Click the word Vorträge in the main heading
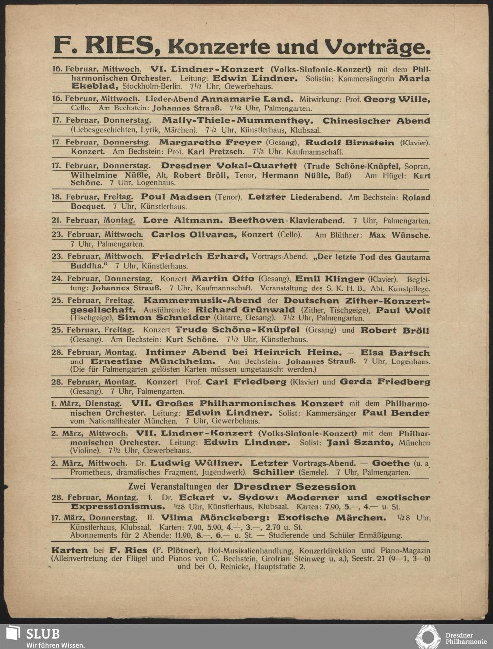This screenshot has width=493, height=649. coord(378,47)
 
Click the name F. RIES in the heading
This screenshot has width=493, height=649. coord(104,46)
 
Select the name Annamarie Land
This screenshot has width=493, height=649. coord(246,99)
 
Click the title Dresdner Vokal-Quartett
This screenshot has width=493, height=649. coord(229,166)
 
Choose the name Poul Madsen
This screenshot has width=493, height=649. coord(176,197)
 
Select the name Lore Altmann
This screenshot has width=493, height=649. coord(183,220)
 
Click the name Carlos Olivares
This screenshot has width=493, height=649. coord(194,234)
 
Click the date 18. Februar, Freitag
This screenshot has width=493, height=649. coord(92,197)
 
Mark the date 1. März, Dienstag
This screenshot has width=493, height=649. coord(87,403)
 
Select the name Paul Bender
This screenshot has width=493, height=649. coord(396,412)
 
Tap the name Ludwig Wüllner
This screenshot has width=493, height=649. coord(196,463)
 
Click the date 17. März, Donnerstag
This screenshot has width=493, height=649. coord(94,518)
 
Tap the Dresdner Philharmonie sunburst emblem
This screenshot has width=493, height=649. coord(427,636)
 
